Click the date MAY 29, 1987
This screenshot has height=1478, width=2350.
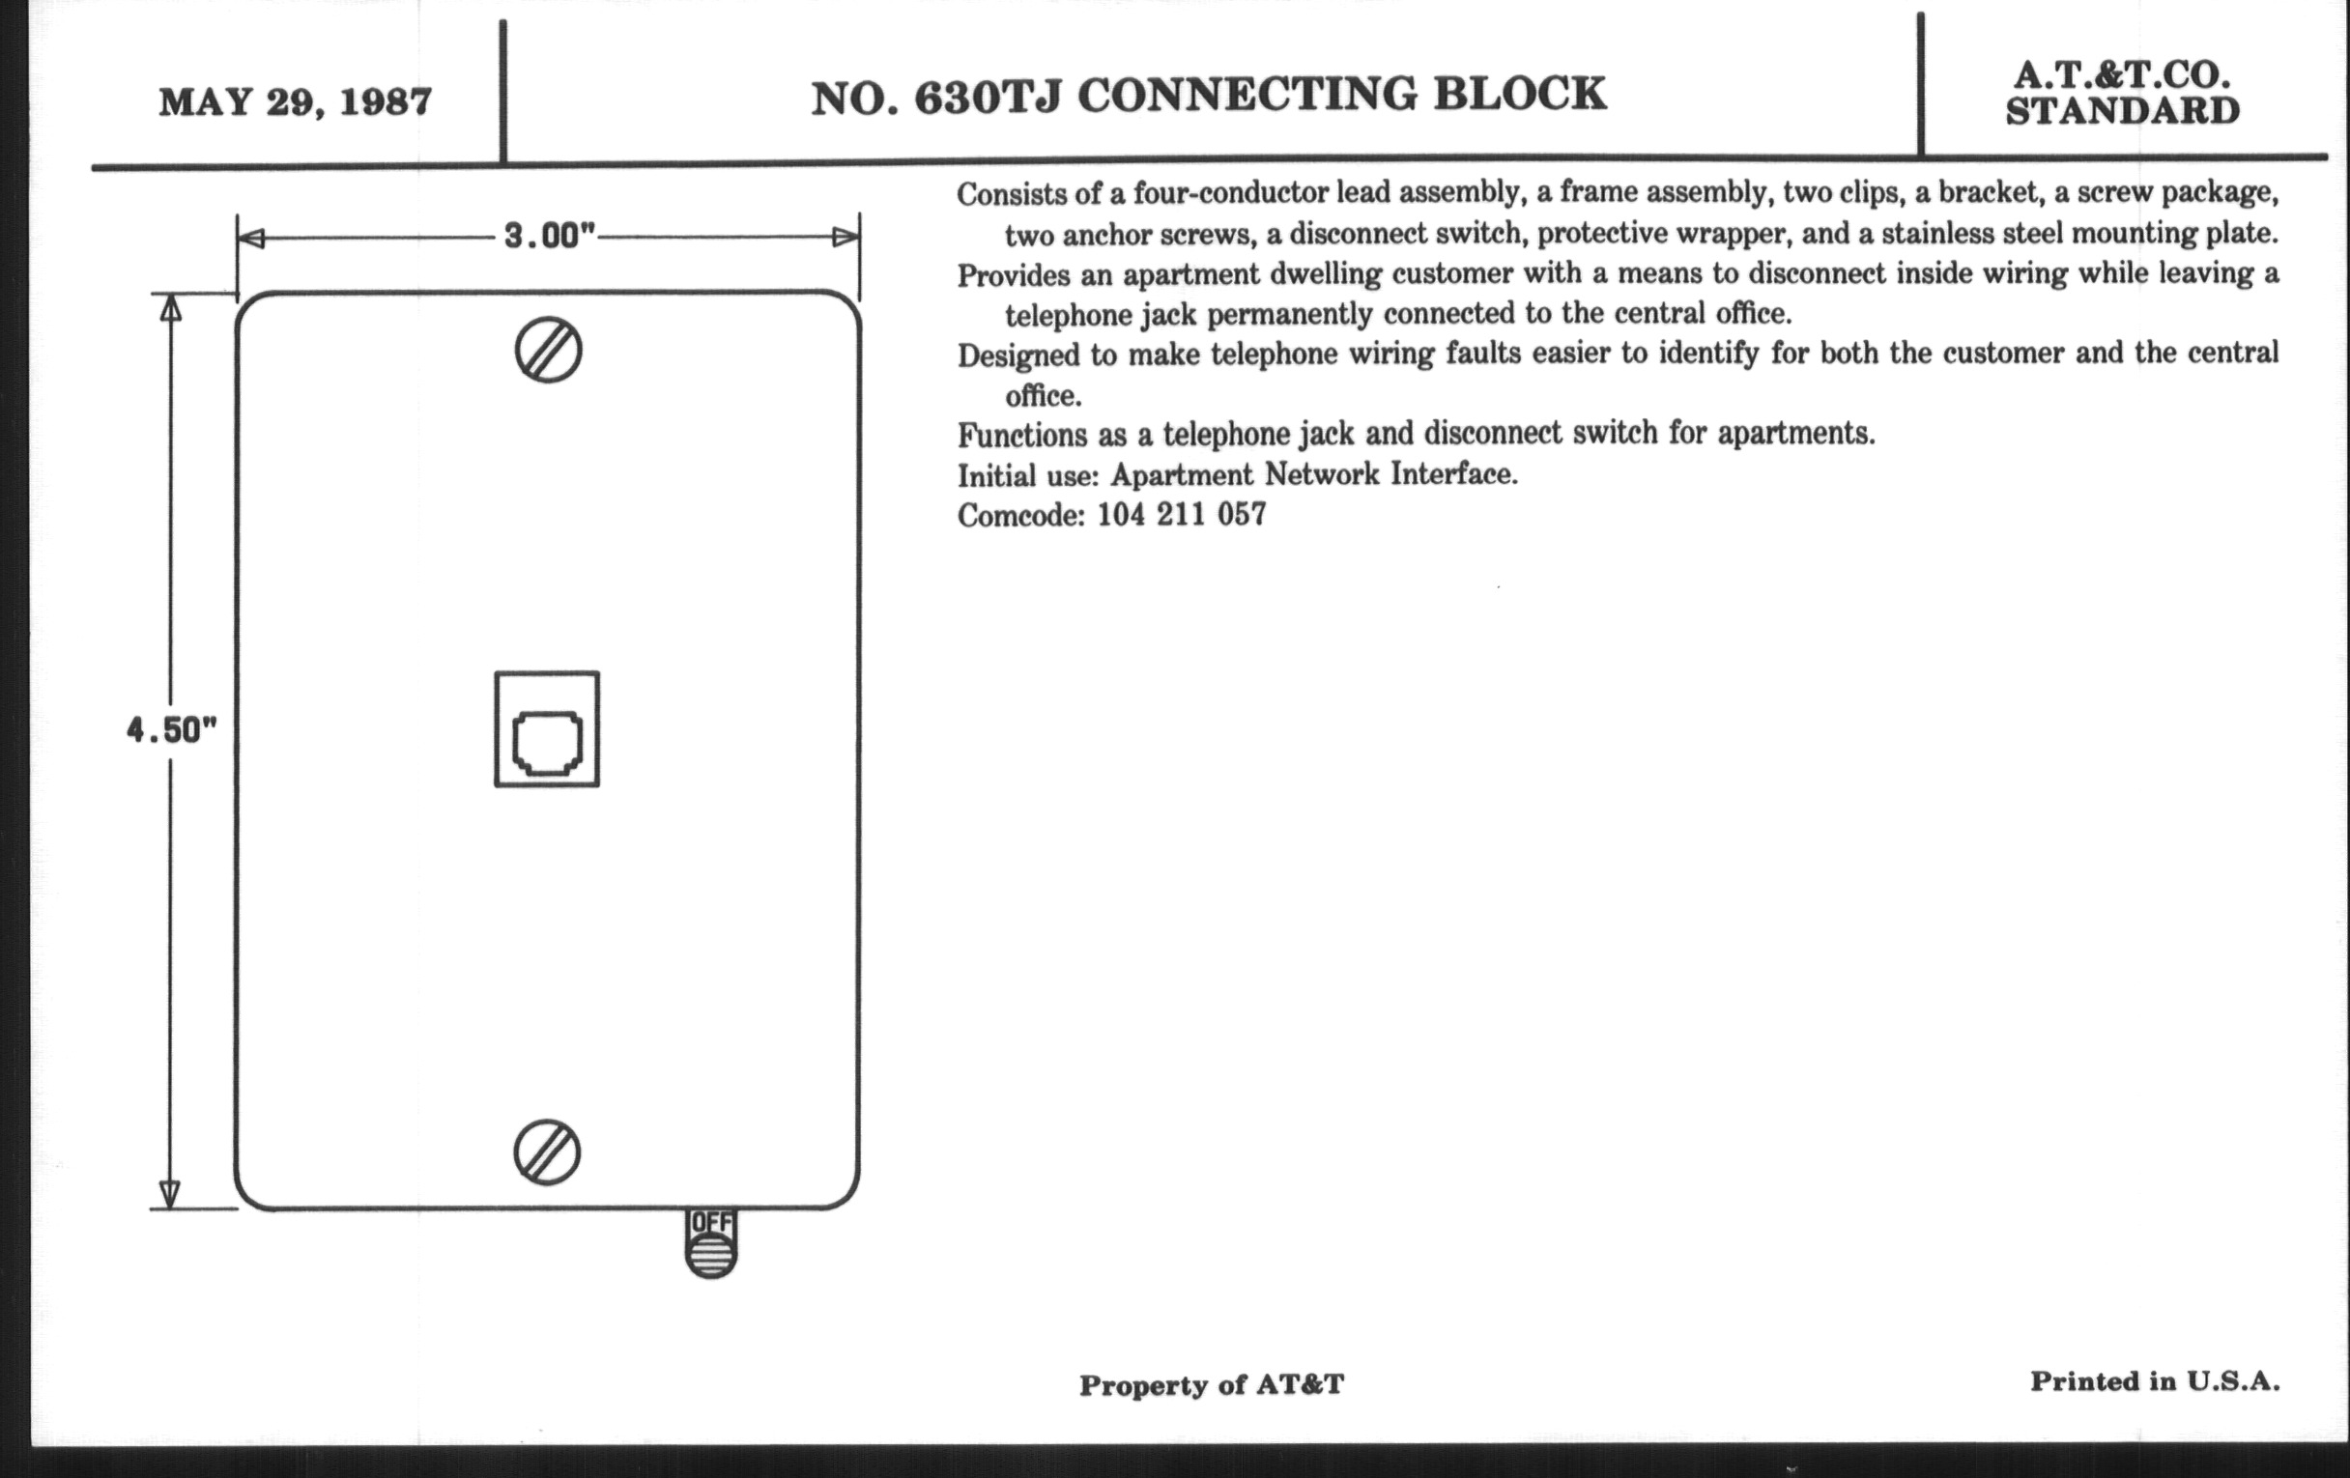[x=295, y=102]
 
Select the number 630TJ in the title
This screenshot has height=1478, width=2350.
[x=987, y=96]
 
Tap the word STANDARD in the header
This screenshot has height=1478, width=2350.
[x=2123, y=111]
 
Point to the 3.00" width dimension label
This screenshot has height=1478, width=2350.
[x=550, y=236]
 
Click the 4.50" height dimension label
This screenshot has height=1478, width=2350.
[x=171, y=729]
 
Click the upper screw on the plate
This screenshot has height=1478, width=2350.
[x=549, y=351]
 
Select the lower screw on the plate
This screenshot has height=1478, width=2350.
[x=547, y=1152]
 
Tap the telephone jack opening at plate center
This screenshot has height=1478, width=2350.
[x=548, y=745]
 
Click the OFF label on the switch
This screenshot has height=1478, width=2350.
[x=710, y=1222]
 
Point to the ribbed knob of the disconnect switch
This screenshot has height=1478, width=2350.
[x=711, y=1257]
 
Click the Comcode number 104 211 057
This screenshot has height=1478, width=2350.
[x=1182, y=514]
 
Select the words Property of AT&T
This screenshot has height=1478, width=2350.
[x=1211, y=1384]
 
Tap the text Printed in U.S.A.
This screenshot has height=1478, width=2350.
[x=2155, y=1381]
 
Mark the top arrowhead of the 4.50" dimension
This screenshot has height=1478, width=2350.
[x=171, y=308]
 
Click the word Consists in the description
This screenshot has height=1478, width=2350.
[x=1011, y=194]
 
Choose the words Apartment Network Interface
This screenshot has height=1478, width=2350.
[x=1313, y=474]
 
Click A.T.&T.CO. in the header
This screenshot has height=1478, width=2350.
[x=2122, y=74]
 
